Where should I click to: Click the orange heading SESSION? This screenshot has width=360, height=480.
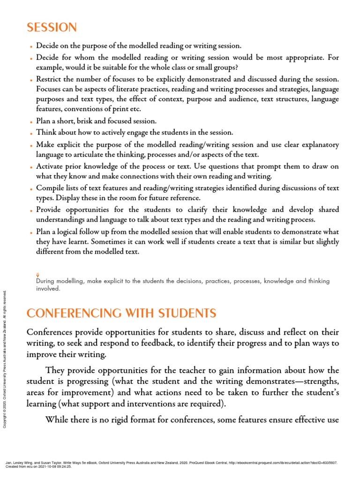coord(52,28)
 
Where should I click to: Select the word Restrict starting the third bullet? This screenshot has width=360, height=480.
coord(50,78)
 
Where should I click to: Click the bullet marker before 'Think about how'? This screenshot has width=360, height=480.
coord(31,133)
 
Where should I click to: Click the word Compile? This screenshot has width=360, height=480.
coord(51,188)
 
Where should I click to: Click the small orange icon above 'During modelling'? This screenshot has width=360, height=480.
coord(37,275)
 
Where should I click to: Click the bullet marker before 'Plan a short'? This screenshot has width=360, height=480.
coord(31,121)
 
